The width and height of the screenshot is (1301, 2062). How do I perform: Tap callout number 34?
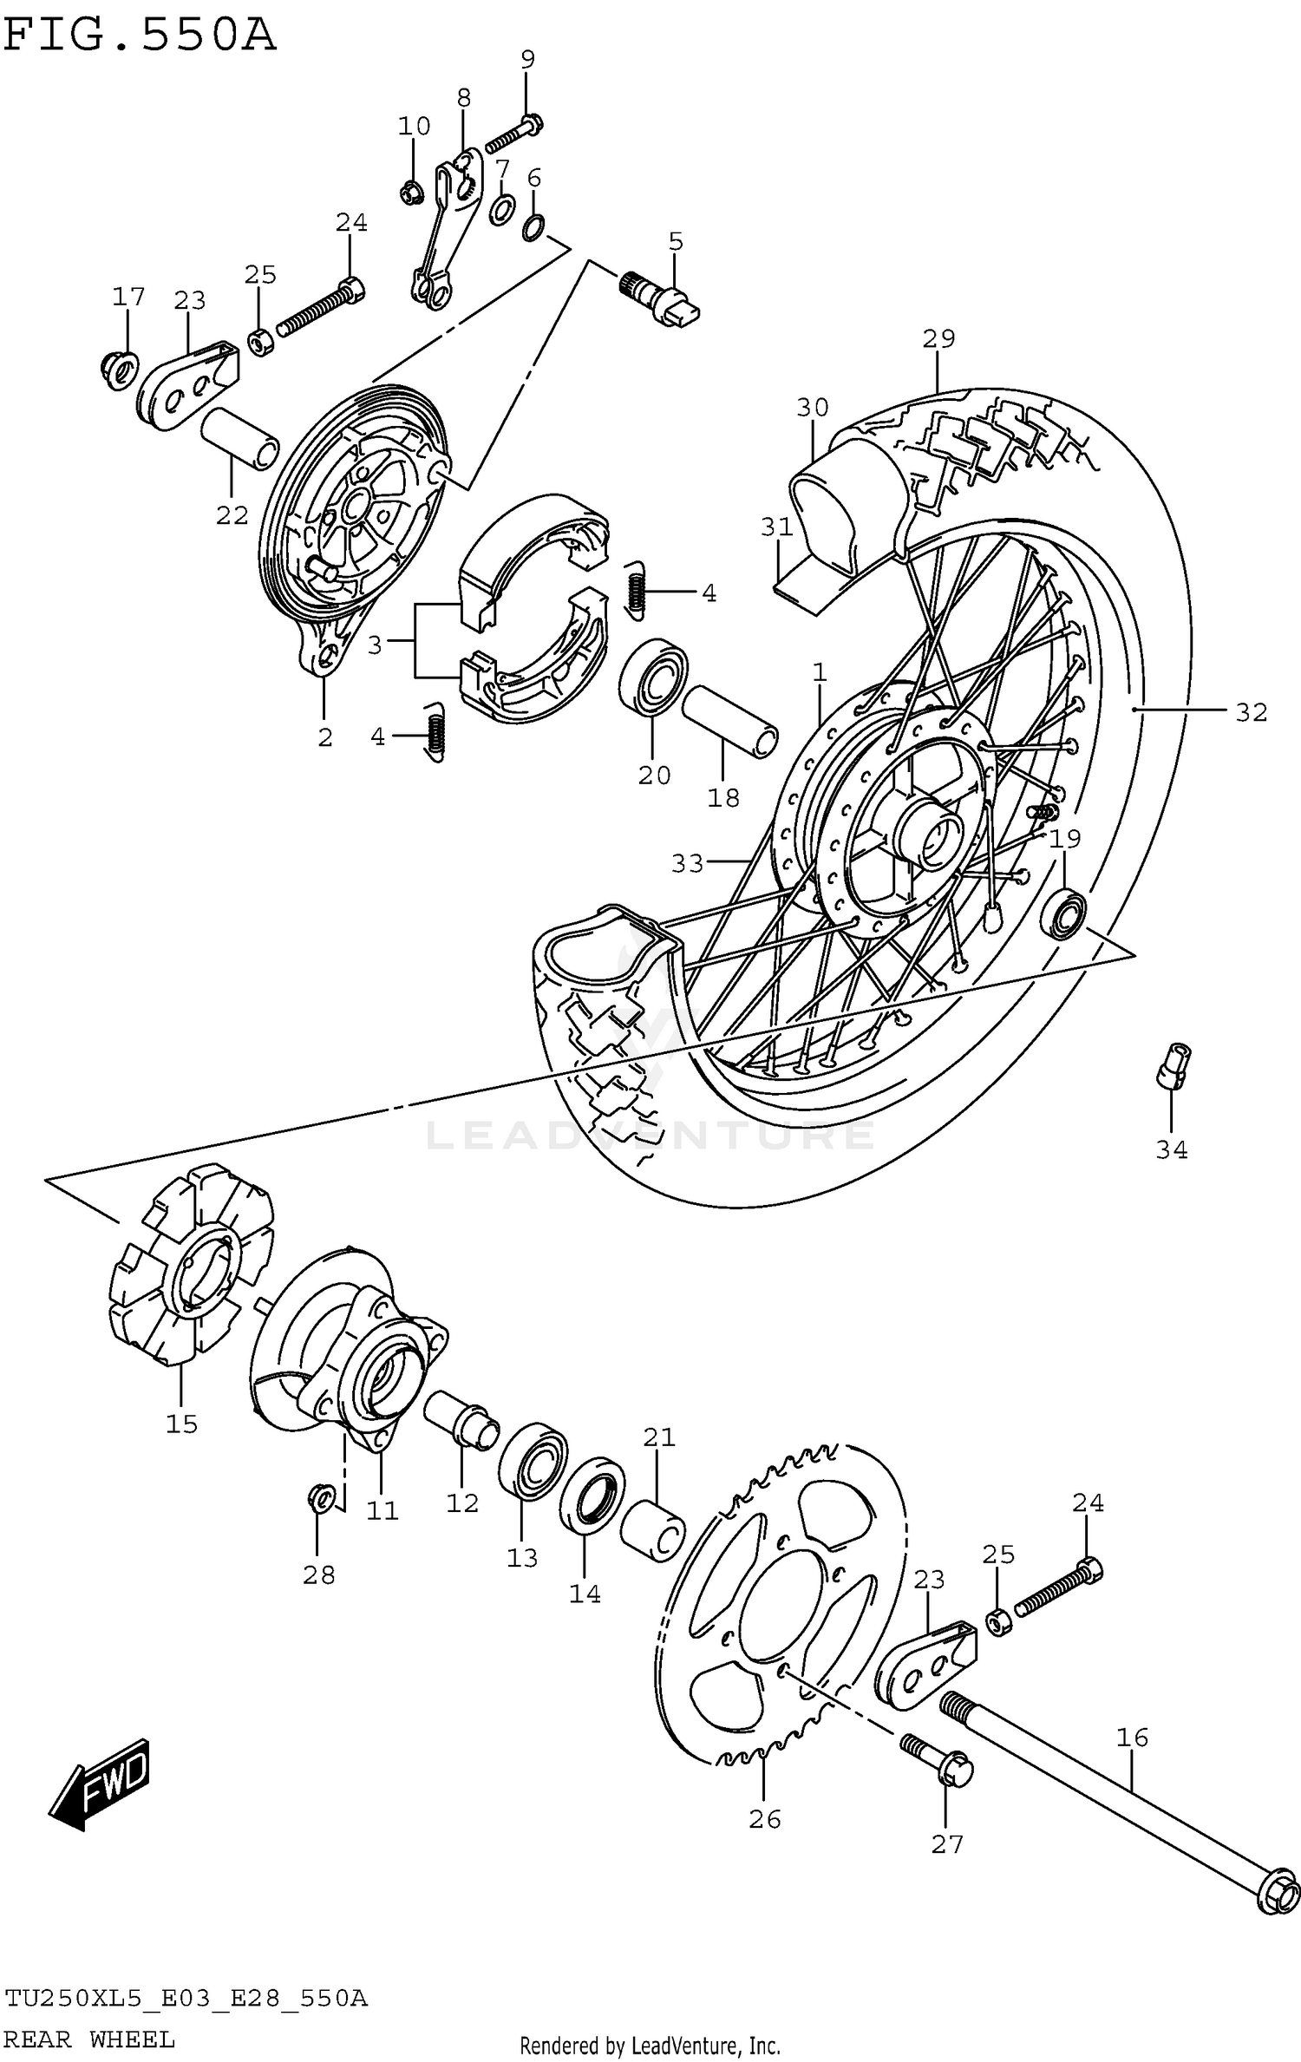pyautogui.click(x=1171, y=1150)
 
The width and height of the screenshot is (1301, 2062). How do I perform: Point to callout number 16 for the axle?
pyautogui.click(x=1132, y=1738)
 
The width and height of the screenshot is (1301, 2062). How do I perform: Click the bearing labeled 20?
pyautogui.click(x=653, y=677)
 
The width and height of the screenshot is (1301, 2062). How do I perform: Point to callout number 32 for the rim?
pyautogui.click(x=1251, y=712)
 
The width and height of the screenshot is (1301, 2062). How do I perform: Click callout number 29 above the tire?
pyautogui.click(x=938, y=338)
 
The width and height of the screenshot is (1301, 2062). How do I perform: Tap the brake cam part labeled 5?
pyautogui.click(x=664, y=299)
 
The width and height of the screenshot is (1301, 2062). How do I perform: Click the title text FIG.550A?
pyautogui.click(x=139, y=36)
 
